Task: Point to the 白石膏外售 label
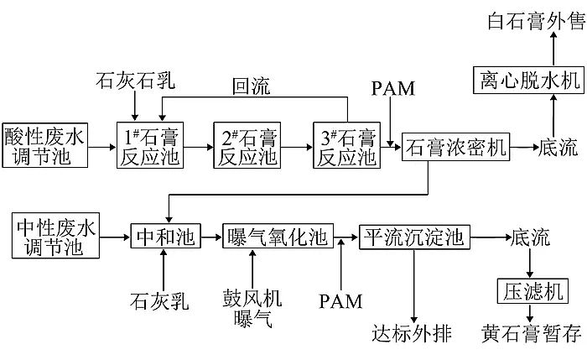click(x=534, y=19)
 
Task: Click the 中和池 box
click(x=165, y=238)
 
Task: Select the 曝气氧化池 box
click(x=277, y=238)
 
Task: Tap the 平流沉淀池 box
click(x=411, y=238)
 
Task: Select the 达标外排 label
click(x=411, y=333)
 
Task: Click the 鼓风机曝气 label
click(x=252, y=308)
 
